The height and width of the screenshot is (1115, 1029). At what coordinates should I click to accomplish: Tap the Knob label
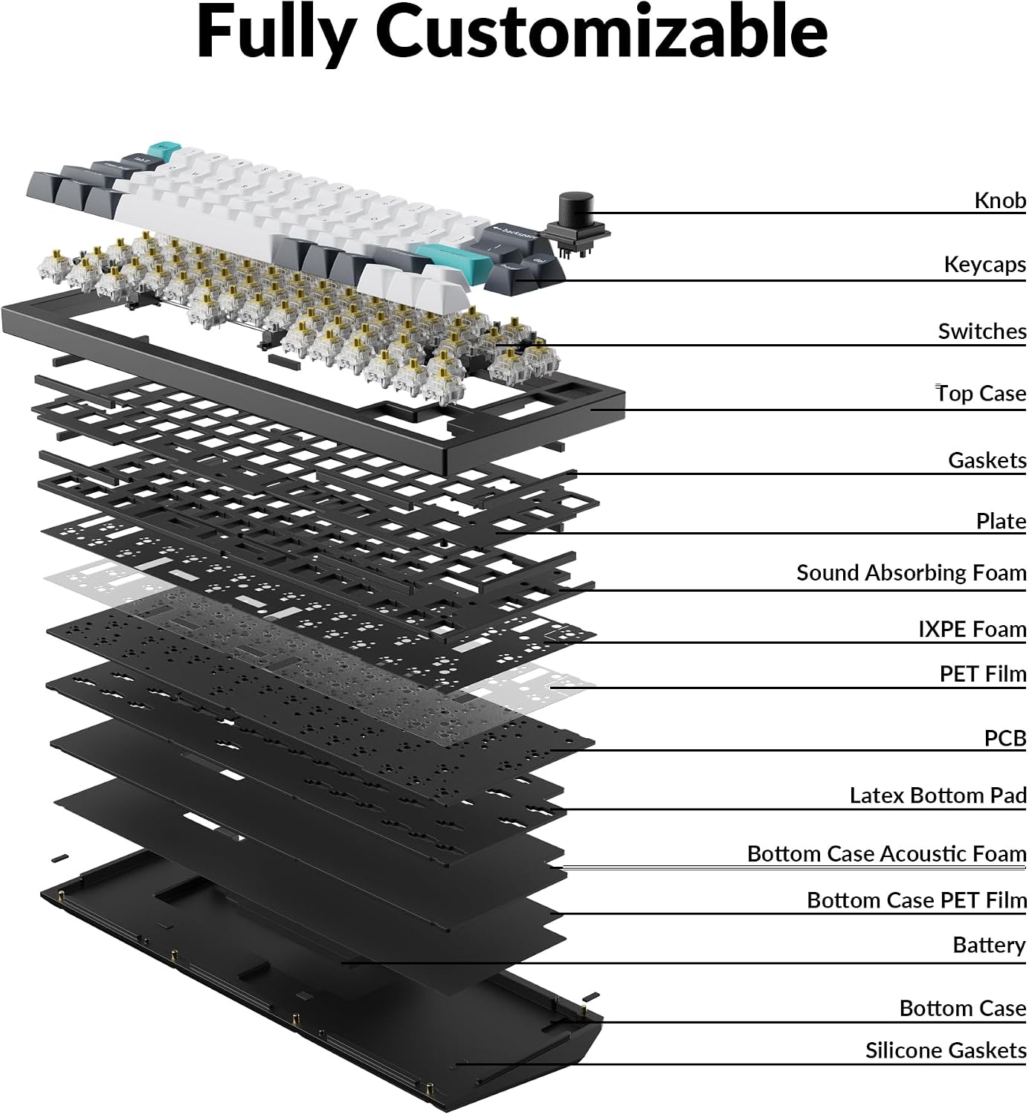pos(1000,201)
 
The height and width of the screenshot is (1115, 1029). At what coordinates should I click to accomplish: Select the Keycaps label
pos(984,265)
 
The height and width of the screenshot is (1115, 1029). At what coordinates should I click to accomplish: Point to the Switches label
pos(982,332)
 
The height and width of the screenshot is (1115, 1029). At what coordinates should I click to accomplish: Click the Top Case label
pos(981,393)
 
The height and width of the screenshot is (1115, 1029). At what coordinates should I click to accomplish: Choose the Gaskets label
pos(987,460)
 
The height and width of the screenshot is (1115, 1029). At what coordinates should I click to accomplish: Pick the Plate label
pos(1001,521)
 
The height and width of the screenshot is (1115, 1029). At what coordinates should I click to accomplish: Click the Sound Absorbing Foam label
pos(911,573)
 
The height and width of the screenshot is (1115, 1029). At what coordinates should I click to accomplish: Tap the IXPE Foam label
pos(972,630)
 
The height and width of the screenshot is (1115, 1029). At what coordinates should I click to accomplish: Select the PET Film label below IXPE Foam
pos(983,674)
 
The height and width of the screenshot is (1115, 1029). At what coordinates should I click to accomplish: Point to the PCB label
pos(1005,738)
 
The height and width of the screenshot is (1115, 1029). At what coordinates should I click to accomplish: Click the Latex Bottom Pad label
pos(938,795)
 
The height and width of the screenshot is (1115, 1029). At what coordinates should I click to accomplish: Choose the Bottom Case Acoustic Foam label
pos(887,854)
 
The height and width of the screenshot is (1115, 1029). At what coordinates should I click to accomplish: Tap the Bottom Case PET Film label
pos(917,900)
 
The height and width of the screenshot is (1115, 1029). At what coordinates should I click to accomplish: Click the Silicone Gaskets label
pos(946,1050)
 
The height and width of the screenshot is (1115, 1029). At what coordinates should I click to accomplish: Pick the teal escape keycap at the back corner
pos(164,150)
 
